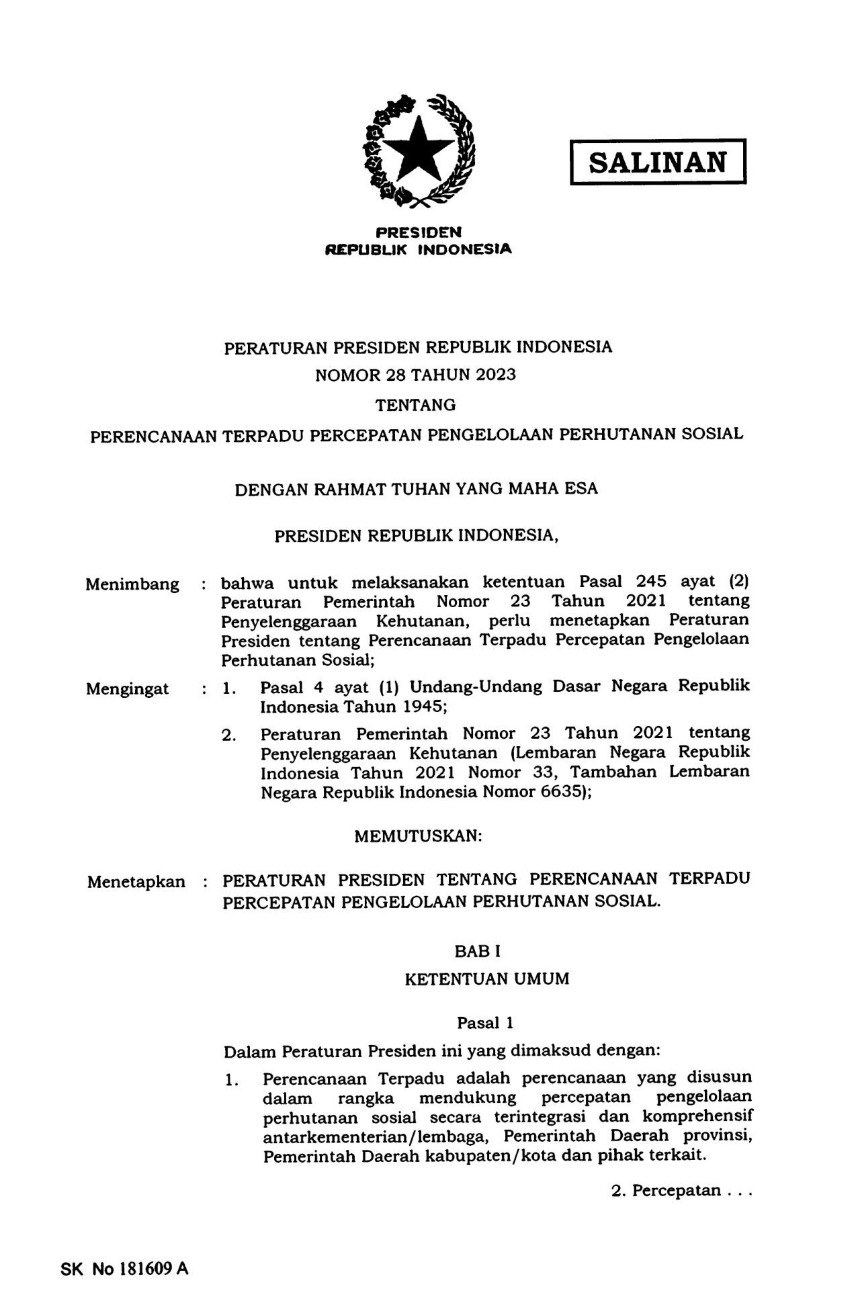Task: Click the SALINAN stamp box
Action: point(658,162)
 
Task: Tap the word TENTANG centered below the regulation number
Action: point(415,405)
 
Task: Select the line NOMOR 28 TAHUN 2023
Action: point(415,375)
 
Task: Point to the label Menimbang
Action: point(132,584)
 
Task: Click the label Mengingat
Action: point(128,689)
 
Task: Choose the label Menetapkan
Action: point(136,881)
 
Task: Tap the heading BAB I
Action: point(478,951)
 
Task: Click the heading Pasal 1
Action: point(485,1023)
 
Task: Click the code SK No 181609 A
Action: point(124,1269)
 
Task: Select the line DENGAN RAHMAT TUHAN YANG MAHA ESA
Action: point(416,488)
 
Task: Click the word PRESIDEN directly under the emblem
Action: point(419,232)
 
